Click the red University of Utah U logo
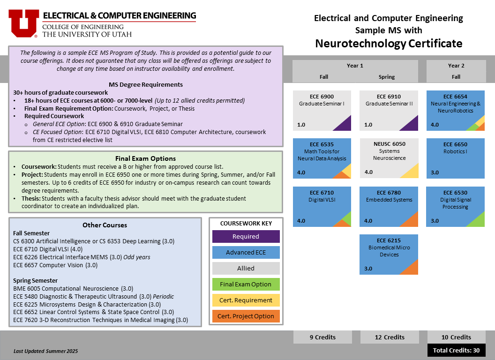24,23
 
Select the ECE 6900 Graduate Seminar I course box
322,111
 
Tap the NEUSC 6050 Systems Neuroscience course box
389,158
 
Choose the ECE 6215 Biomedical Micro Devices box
389,255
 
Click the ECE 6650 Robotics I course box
455,158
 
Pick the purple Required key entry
246,237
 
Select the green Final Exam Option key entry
246,284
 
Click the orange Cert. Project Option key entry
246,316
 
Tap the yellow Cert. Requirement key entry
246,300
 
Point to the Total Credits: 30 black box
456,350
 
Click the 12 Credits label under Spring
390,337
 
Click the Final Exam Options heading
145,158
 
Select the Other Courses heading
105,225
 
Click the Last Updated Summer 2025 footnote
46,351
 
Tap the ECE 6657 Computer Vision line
56,265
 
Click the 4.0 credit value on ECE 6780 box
368,221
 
